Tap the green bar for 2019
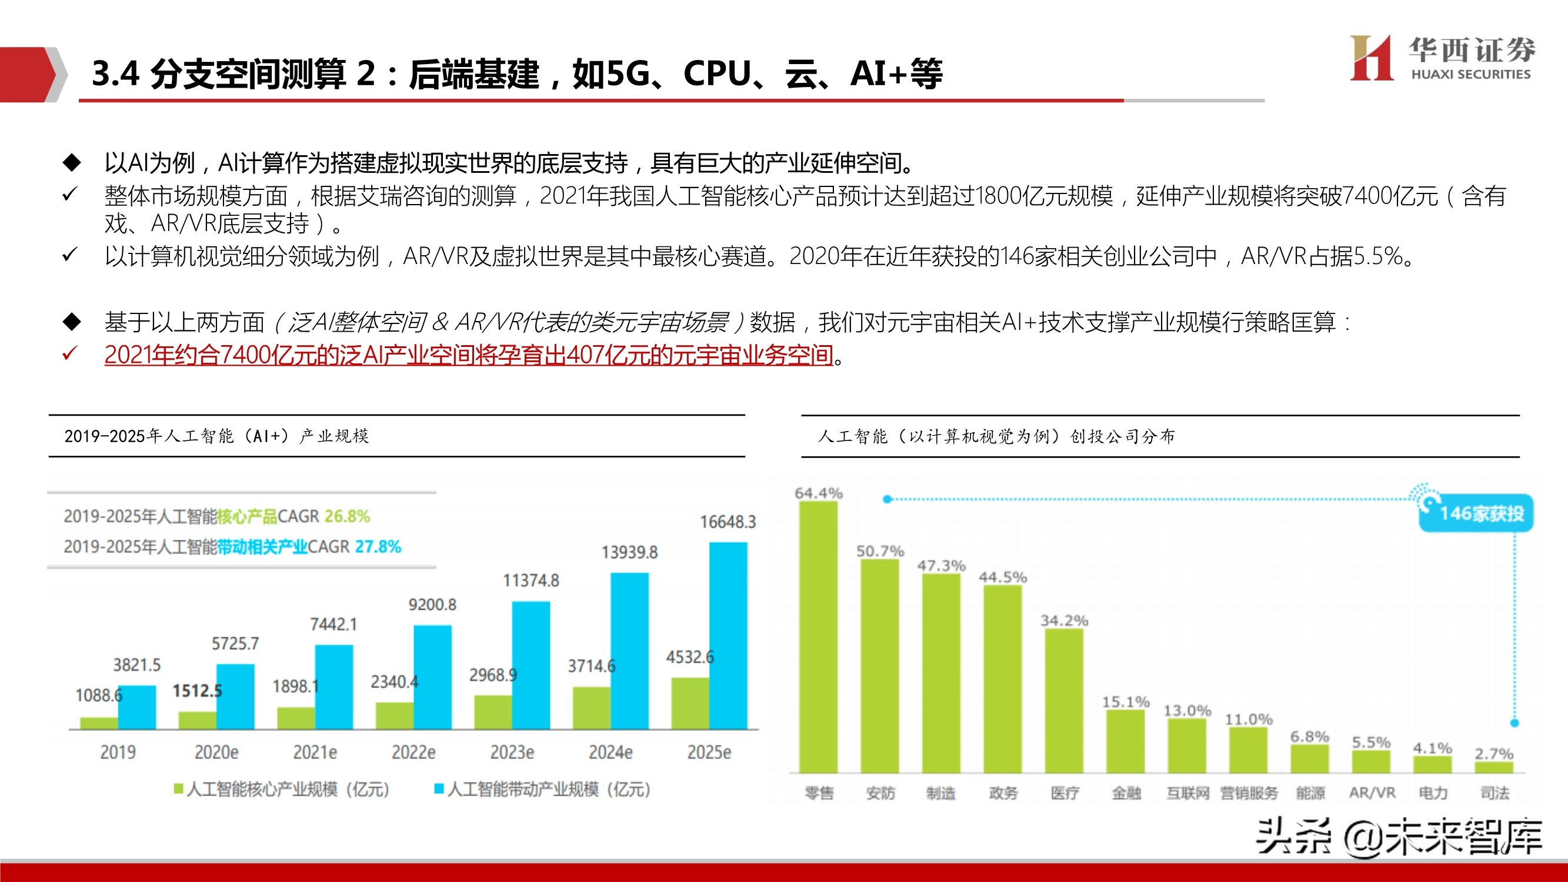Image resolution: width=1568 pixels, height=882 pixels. coord(99,723)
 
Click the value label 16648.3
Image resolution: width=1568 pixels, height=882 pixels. coord(728,522)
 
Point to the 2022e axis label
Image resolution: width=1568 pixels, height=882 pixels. coord(413,753)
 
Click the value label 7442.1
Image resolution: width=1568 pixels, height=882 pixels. coord(333,624)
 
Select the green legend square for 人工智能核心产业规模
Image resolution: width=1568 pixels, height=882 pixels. coord(178,789)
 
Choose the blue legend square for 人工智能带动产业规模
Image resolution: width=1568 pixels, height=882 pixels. coord(438,789)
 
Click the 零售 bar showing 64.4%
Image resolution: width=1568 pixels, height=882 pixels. coord(818,636)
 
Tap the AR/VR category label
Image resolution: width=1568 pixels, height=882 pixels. coord(1372,793)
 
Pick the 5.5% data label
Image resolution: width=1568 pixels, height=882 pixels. coord(1371,742)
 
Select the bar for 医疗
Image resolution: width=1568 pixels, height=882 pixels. coord(1064,700)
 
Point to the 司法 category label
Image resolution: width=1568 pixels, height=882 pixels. coord(1494,793)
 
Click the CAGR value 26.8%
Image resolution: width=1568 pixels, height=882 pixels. coord(347,516)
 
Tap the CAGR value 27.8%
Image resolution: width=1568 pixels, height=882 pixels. coord(378,547)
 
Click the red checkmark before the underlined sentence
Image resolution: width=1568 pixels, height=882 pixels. coord(69,353)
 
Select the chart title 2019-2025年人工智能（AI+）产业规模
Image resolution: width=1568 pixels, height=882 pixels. coord(216,436)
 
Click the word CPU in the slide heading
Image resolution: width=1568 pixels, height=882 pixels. coord(717,73)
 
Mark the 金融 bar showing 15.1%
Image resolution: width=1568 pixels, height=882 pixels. coord(1125,741)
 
